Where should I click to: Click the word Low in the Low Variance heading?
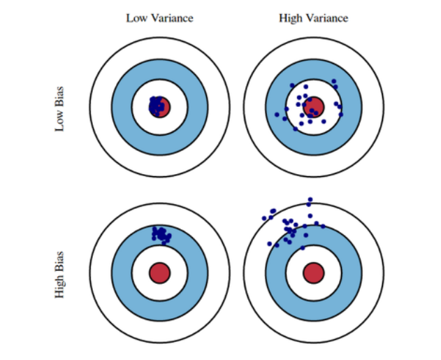(x=134, y=18)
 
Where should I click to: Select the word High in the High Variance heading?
(x=291, y=18)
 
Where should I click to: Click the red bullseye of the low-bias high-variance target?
(x=313, y=107)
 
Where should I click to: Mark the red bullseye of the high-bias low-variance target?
(x=160, y=272)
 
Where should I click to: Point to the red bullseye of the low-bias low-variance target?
(x=160, y=107)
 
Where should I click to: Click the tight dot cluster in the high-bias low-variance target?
(x=161, y=234)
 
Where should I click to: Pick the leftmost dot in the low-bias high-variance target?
(x=277, y=114)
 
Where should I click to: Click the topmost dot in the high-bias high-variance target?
(x=310, y=199)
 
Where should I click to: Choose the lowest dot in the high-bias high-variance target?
(x=303, y=247)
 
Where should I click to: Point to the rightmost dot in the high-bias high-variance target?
(x=324, y=226)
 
